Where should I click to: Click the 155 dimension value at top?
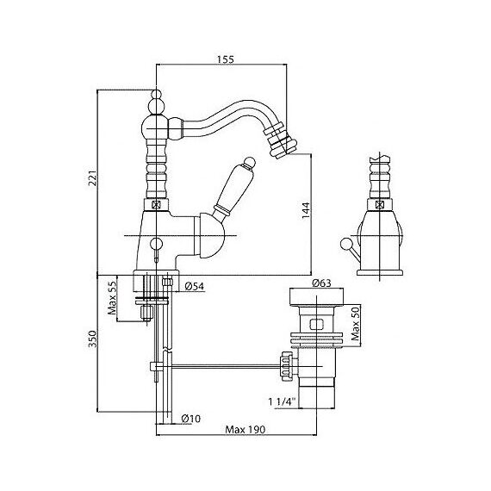(226, 59)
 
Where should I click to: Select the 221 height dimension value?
(93, 178)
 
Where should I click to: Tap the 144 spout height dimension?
(306, 210)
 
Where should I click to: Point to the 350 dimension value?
(93, 339)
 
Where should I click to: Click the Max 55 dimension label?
(112, 297)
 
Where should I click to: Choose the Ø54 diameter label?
(194, 286)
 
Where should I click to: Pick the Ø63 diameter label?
(321, 283)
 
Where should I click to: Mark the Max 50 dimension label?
(355, 323)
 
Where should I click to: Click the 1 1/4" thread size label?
(282, 401)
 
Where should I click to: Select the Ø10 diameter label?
(191, 419)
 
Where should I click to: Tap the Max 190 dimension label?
(245, 429)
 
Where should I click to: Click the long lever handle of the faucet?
(234, 187)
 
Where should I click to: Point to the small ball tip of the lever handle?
(250, 162)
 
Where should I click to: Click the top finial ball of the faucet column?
(156, 95)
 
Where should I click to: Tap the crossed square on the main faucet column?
(156, 205)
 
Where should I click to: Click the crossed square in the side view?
(380, 205)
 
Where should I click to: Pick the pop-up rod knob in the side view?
(345, 244)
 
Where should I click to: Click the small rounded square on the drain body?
(316, 325)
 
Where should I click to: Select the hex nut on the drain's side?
(287, 366)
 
